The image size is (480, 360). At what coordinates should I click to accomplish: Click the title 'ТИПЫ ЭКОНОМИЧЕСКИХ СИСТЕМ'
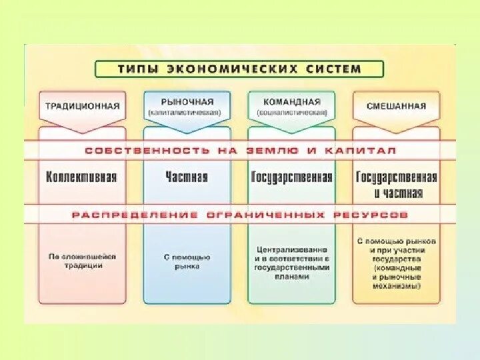pyautogui.click(x=239, y=69)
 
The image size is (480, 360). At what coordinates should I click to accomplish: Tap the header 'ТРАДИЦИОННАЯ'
pyautogui.click(x=83, y=105)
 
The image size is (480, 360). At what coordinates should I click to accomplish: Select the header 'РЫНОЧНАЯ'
pyautogui.click(x=187, y=101)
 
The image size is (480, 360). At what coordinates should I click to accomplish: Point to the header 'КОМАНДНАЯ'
pyautogui.click(x=292, y=101)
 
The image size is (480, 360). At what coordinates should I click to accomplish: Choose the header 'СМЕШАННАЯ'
pyautogui.click(x=396, y=105)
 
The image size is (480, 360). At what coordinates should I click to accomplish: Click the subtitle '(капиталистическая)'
pyautogui.click(x=187, y=113)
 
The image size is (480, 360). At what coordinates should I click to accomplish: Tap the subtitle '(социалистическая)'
pyautogui.click(x=292, y=113)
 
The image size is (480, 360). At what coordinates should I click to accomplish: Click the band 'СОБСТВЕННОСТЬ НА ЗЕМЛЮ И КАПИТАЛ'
pyautogui.click(x=240, y=151)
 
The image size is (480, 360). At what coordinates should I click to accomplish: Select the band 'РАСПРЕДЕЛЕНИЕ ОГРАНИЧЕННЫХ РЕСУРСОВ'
pyautogui.click(x=240, y=215)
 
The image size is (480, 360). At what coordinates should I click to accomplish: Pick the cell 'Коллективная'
pyautogui.click(x=82, y=177)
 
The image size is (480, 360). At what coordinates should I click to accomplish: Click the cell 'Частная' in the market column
pyautogui.click(x=187, y=177)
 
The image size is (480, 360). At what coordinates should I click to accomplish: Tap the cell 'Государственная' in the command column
pyautogui.click(x=292, y=177)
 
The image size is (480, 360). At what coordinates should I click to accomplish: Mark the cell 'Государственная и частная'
pyautogui.click(x=397, y=185)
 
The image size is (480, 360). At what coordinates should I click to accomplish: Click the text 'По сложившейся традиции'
pyautogui.click(x=82, y=261)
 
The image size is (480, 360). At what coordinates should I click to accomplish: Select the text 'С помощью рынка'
pyautogui.click(x=187, y=261)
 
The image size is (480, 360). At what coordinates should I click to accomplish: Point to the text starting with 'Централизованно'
pyautogui.click(x=292, y=263)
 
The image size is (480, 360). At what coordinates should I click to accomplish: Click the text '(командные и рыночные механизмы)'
pyautogui.click(x=397, y=276)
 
